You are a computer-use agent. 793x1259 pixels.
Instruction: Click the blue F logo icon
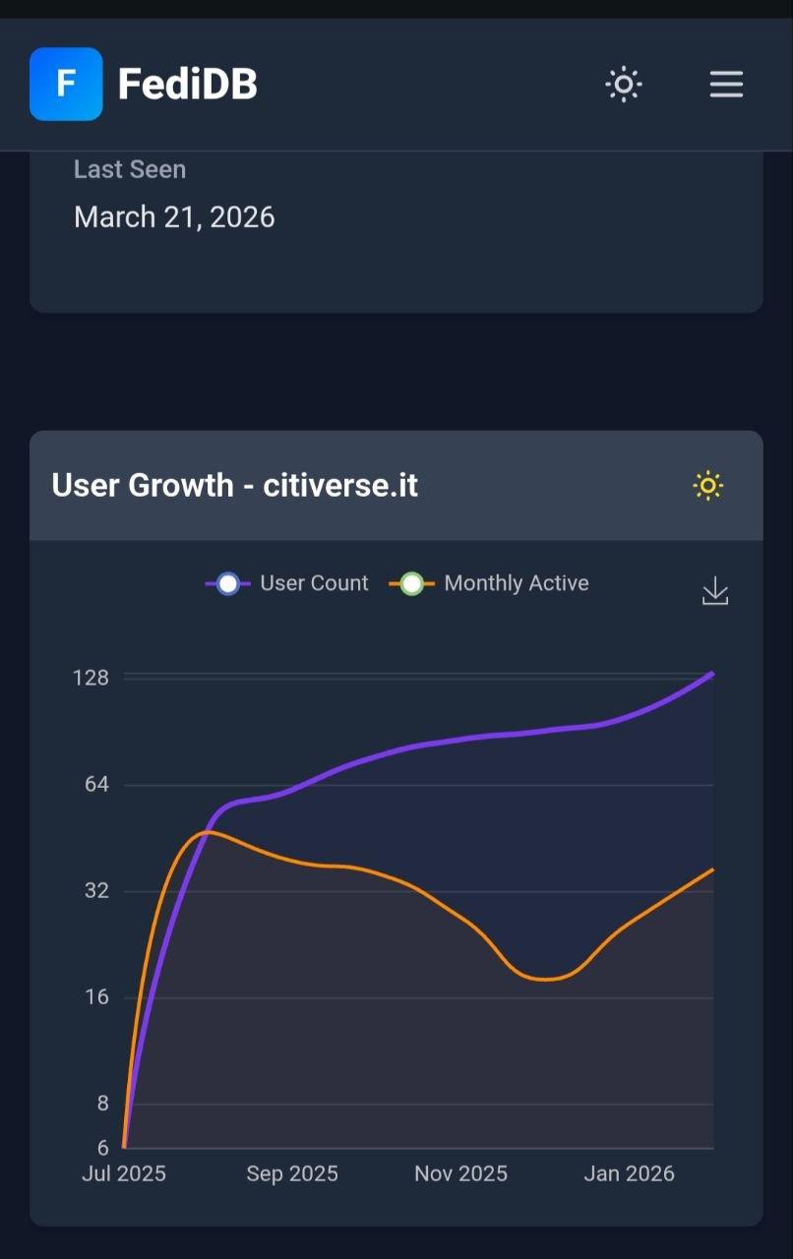click(66, 84)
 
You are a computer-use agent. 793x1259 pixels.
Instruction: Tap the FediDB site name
click(187, 85)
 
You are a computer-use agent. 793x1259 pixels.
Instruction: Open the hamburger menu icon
click(726, 85)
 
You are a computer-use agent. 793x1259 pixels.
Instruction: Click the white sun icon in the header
click(623, 85)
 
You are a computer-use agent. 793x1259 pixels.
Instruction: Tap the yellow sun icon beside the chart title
click(707, 486)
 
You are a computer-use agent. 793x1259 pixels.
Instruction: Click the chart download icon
click(715, 591)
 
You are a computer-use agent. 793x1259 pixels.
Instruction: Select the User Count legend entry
click(287, 583)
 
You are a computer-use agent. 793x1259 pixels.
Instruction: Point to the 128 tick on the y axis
click(91, 678)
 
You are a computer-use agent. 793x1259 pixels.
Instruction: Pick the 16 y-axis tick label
click(95, 997)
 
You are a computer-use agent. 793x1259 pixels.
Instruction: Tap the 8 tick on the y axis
click(102, 1104)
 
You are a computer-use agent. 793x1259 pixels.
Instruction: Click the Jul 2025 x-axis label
click(124, 1173)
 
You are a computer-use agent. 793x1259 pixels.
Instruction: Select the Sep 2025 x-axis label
click(292, 1173)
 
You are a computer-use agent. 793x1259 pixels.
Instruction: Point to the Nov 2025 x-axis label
click(460, 1173)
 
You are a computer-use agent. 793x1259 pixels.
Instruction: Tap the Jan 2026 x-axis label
click(629, 1173)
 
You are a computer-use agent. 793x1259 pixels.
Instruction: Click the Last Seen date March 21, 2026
click(174, 217)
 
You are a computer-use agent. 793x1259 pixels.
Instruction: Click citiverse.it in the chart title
click(340, 486)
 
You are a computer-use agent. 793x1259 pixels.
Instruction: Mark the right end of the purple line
click(712, 674)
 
